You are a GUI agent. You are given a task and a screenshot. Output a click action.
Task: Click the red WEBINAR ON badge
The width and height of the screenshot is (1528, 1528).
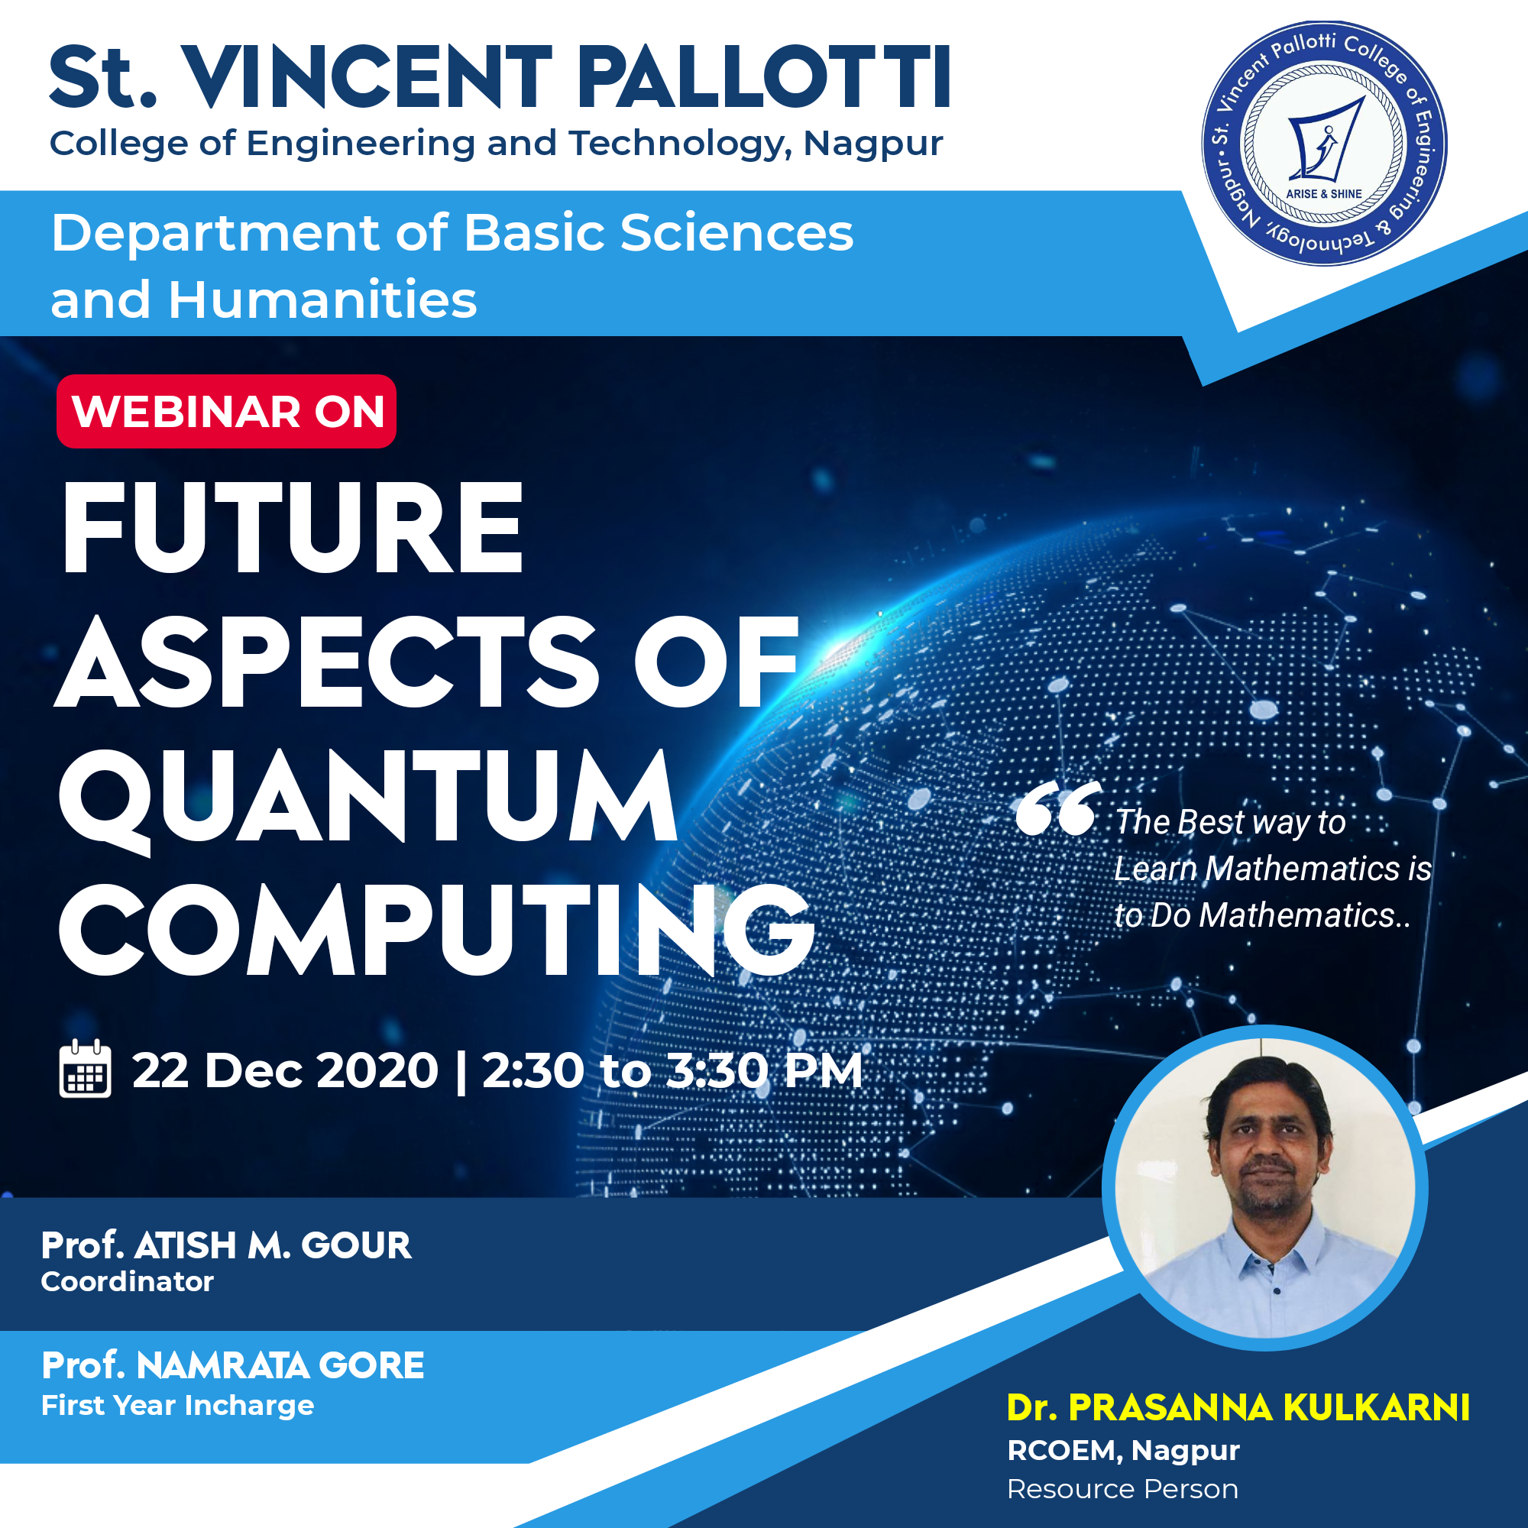pyautogui.click(x=226, y=411)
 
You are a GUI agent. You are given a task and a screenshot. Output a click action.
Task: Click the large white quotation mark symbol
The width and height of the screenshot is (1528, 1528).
pyautogui.click(x=1058, y=808)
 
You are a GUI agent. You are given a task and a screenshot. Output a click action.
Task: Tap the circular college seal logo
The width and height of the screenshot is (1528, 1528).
pyautogui.click(x=1324, y=143)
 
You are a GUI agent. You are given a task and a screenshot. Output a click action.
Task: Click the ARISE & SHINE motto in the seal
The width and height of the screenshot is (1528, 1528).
pyautogui.click(x=1323, y=194)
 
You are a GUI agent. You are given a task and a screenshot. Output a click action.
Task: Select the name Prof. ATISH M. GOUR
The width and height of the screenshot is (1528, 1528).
pyautogui.click(x=226, y=1245)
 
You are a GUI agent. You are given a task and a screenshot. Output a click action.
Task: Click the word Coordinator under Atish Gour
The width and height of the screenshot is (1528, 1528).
pyautogui.click(x=128, y=1282)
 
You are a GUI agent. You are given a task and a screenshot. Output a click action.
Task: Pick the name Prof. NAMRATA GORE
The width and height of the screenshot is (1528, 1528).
pyautogui.click(x=232, y=1365)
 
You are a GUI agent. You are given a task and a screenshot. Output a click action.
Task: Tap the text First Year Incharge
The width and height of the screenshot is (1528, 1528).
pyautogui.click(x=178, y=1406)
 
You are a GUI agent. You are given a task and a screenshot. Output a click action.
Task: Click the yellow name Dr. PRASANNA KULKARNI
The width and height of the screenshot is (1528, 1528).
pyautogui.click(x=1238, y=1408)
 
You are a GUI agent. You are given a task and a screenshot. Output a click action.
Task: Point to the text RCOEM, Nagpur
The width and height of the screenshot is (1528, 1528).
pyautogui.click(x=1123, y=1451)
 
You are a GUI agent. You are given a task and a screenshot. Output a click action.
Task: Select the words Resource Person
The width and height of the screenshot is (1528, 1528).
pyautogui.click(x=1122, y=1489)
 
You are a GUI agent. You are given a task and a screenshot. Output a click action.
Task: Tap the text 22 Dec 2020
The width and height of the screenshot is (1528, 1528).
pyautogui.click(x=285, y=1070)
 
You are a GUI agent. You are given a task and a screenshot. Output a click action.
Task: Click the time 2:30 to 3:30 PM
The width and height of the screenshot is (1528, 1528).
pyautogui.click(x=672, y=1070)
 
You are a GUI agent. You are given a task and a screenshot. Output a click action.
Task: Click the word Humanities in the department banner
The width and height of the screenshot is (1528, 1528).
pyautogui.click(x=322, y=299)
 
